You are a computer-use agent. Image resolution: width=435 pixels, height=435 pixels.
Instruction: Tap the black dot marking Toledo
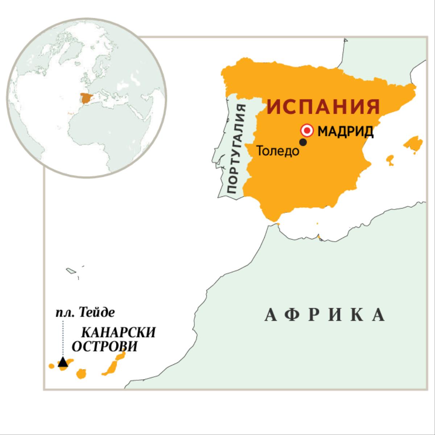(303, 142)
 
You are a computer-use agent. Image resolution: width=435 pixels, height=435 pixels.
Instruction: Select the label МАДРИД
(345, 131)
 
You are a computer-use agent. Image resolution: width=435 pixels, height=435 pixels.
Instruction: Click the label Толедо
(278, 151)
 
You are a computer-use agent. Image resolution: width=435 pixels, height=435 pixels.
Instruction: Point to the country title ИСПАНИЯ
(323, 107)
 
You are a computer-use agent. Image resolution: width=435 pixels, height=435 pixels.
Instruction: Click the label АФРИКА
(324, 315)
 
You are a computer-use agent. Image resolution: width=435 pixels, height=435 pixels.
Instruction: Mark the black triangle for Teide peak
(63, 362)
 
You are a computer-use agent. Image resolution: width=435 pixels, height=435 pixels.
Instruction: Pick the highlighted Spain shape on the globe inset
(87, 98)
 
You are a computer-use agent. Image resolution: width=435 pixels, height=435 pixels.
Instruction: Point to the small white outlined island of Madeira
(70, 270)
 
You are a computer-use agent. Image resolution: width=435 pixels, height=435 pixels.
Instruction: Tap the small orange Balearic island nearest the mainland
(390, 159)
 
